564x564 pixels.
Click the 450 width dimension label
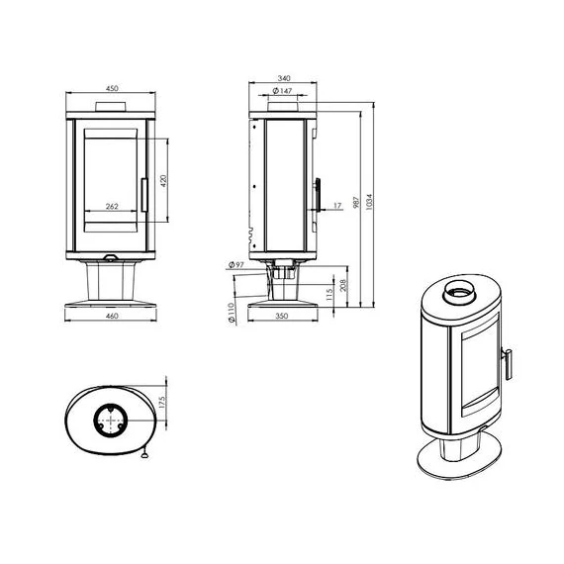(112, 88)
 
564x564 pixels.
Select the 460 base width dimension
(112, 316)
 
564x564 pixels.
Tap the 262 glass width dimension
(112, 207)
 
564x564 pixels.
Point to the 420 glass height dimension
(163, 180)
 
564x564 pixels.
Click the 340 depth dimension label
(284, 78)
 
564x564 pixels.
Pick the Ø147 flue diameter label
(282, 91)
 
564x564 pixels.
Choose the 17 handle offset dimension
(337, 206)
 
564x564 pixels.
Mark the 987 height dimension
(356, 203)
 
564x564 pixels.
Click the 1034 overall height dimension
(369, 203)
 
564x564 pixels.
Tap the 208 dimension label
(343, 285)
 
